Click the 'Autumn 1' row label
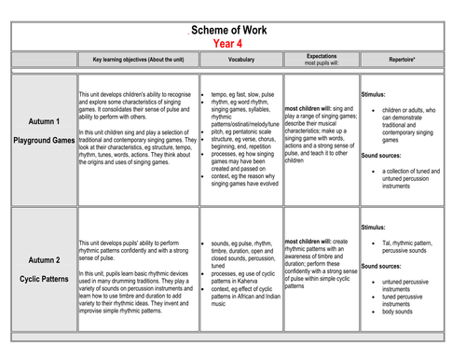pyautogui.click(x=44, y=122)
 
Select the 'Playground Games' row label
pyautogui.click(x=44, y=140)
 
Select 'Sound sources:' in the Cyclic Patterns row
pyautogui.click(x=386, y=265)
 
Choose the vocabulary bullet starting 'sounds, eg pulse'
pyautogui.click(x=246, y=242)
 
